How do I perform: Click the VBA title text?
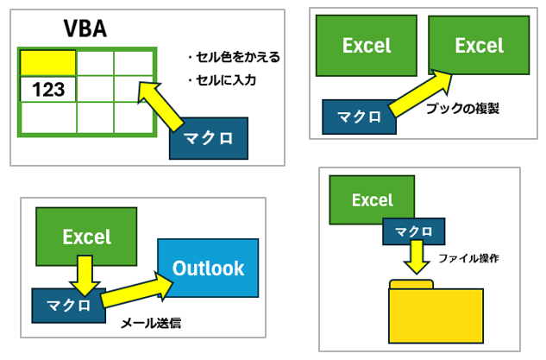85,28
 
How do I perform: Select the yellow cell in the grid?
48,63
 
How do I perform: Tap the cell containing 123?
48,89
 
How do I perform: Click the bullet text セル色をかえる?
234,57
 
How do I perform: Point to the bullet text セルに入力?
223,80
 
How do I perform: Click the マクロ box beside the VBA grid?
209,138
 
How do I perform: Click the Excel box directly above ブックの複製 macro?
367,46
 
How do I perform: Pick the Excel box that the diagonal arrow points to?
479,45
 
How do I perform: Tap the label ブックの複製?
463,109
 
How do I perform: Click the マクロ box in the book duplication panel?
359,117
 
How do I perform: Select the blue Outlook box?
208,268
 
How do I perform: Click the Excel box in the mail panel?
86,237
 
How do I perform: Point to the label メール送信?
151,324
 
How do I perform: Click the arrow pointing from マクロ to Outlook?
137,290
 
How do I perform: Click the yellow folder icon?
436,311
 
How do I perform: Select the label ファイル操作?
468,258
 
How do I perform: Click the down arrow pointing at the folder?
416,257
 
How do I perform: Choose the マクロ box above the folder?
414,231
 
